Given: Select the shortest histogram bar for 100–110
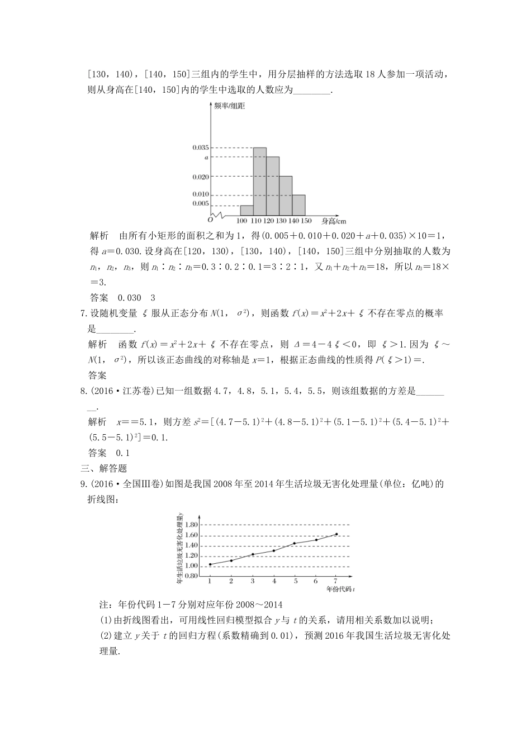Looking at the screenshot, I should [246, 210].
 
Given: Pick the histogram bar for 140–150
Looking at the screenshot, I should [298, 205].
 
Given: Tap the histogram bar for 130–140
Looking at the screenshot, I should [286, 196].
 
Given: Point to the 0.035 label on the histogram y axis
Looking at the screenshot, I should [200, 148].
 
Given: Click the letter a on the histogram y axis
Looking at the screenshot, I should [206, 158].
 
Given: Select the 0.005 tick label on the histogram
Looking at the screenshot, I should [200, 203].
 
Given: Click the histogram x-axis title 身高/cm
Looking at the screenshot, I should [334, 221].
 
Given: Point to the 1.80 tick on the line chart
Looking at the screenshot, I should [191, 525].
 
